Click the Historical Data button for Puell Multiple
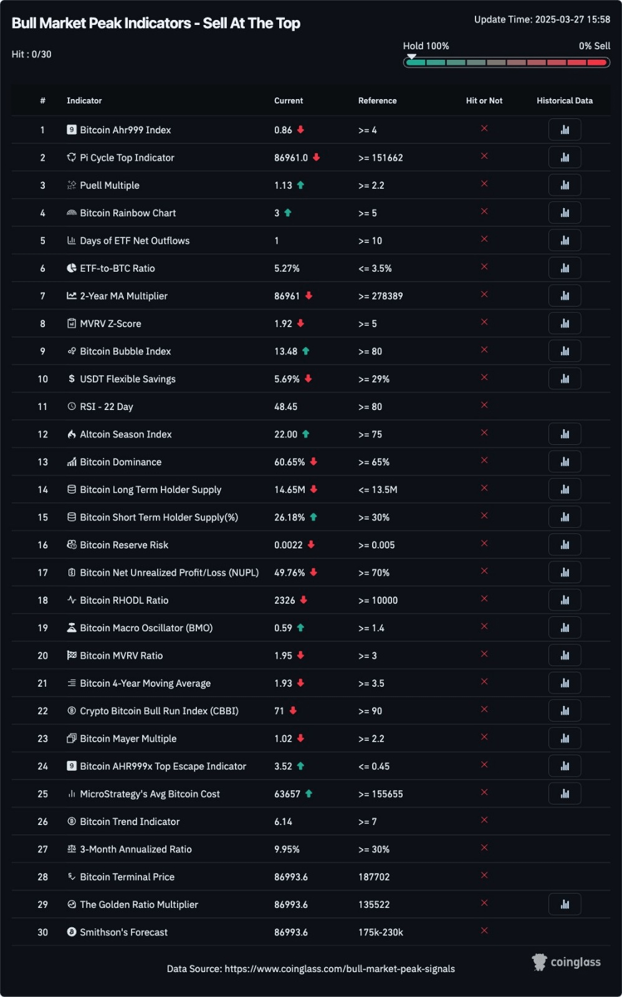[x=565, y=185]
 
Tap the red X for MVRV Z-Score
[x=484, y=322]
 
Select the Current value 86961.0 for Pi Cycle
[x=291, y=158]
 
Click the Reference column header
[x=377, y=100]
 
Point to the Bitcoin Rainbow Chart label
[x=128, y=213]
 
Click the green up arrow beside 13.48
[x=306, y=351]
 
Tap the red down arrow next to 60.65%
[x=313, y=461]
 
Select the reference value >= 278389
[x=380, y=296]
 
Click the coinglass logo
[x=566, y=962]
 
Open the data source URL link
[x=340, y=969]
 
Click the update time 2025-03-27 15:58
[x=572, y=19]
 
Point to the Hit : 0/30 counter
[x=32, y=54]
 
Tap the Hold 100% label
[x=426, y=45]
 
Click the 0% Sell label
[x=594, y=45]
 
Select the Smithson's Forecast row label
[x=123, y=932]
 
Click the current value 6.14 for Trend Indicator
[x=283, y=821]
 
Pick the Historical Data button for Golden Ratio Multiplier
[x=565, y=904]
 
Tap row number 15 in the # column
[x=42, y=517]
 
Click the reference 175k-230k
[x=380, y=932]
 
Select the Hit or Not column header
[x=484, y=100]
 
